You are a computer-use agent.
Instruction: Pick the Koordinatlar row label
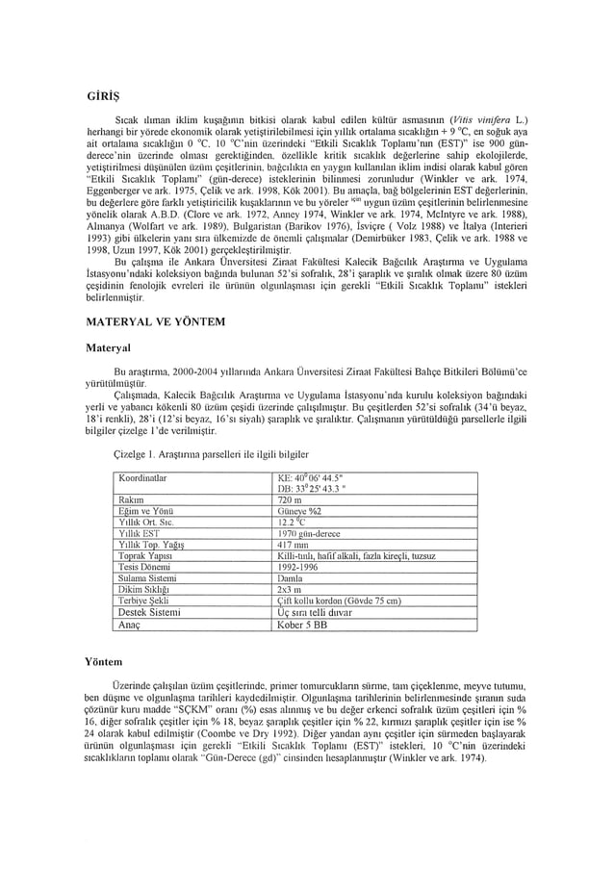point(142,476)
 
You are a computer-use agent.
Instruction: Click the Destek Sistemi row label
point(148,612)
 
